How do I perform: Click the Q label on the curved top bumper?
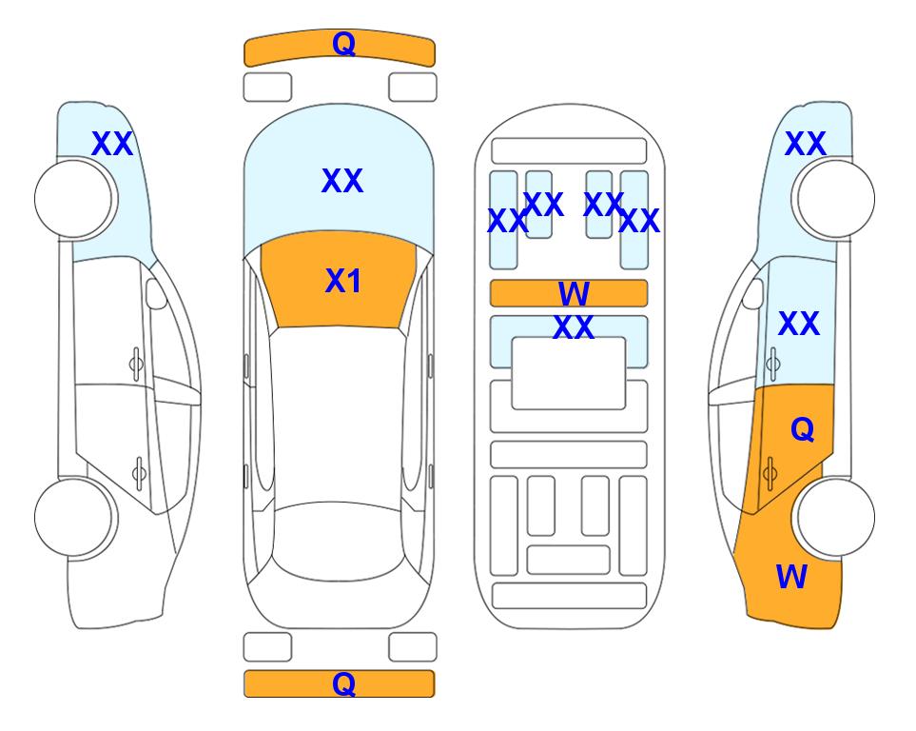(343, 44)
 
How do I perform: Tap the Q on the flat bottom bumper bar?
(343, 683)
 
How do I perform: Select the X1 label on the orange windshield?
(343, 281)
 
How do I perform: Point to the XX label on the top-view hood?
(342, 181)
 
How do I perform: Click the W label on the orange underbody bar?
(574, 293)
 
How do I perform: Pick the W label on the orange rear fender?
(791, 577)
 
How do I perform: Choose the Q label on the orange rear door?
(802, 430)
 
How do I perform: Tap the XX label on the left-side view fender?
(112, 144)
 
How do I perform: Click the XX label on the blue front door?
(799, 324)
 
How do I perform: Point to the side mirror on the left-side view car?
(156, 293)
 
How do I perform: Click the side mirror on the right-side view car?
(753, 293)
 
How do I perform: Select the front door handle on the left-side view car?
(136, 365)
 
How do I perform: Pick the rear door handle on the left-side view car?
(139, 472)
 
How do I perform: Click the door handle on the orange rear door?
(770, 472)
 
